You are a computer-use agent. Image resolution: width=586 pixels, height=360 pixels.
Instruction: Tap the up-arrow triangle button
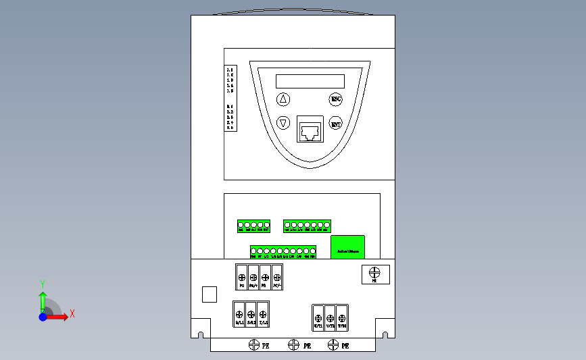point(284,99)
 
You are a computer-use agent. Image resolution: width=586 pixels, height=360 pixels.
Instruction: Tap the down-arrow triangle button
point(284,124)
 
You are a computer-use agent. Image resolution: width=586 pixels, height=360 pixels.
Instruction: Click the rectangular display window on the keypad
point(310,81)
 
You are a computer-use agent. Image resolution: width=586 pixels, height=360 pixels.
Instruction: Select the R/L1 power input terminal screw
point(239,313)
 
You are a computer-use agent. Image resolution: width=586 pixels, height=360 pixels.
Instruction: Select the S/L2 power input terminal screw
point(251,313)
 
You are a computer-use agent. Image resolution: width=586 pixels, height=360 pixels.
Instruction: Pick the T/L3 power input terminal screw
point(263,313)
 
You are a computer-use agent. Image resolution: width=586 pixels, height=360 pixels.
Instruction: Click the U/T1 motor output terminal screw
point(318,317)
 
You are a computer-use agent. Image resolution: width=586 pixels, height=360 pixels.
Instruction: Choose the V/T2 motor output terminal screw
point(331,317)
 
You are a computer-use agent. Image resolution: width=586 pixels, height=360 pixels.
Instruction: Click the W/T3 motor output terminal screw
point(343,317)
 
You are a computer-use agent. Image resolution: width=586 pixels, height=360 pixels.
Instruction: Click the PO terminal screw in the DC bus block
point(241,277)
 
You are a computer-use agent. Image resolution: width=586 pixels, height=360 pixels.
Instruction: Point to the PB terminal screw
point(264,277)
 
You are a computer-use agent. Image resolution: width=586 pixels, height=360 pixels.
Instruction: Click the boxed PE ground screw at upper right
point(376,273)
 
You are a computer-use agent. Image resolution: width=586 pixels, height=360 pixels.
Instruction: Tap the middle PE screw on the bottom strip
point(293,345)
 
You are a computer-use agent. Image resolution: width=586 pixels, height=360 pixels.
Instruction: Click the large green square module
point(347,247)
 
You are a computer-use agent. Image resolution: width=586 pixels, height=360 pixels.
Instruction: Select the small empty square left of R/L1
point(210,294)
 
